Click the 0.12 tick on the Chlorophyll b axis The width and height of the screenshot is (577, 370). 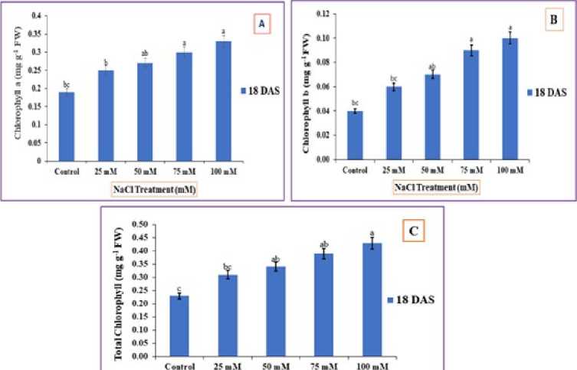pos(323,14)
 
